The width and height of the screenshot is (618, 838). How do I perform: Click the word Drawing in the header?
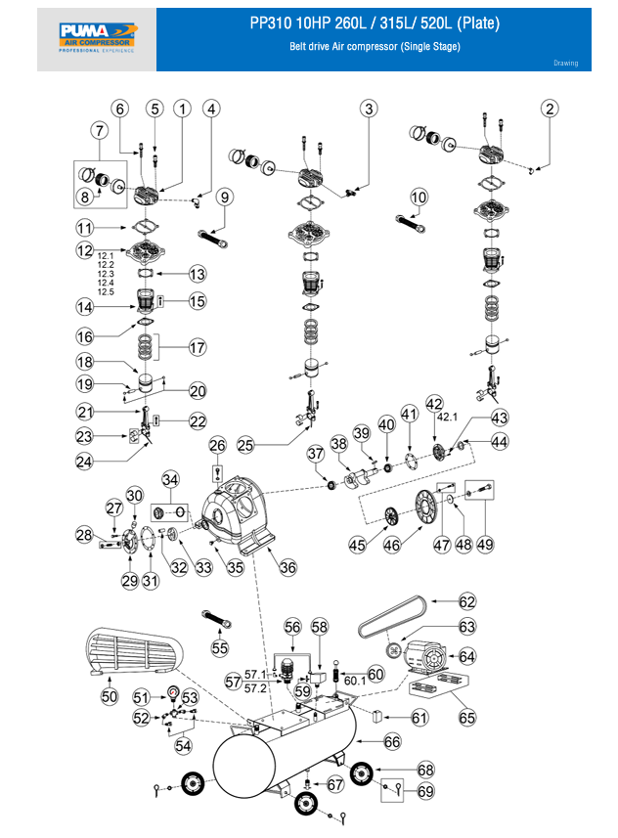click(x=565, y=64)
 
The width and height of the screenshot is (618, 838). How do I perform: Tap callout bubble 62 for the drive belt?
click(x=467, y=602)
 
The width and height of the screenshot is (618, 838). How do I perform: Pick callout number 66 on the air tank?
click(x=393, y=742)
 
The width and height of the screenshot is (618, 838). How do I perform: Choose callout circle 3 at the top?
click(x=368, y=109)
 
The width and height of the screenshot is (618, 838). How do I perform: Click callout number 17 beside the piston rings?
click(x=198, y=347)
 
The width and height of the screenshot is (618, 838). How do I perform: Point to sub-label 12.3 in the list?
click(x=107, y=274)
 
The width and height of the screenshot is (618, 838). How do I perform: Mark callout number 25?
click(x=246, y=445)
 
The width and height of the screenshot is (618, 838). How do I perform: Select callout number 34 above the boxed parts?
click(x=170, y=480)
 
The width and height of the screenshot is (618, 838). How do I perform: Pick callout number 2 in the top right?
click(x=552, y=109)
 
